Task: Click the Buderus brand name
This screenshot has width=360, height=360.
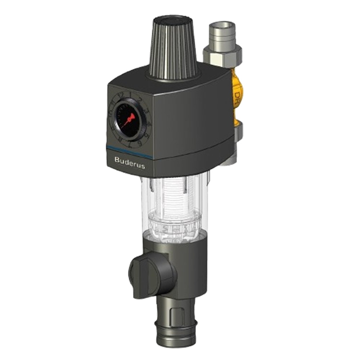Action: (129, 159)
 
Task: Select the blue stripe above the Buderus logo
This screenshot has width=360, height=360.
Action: (130, 148)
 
